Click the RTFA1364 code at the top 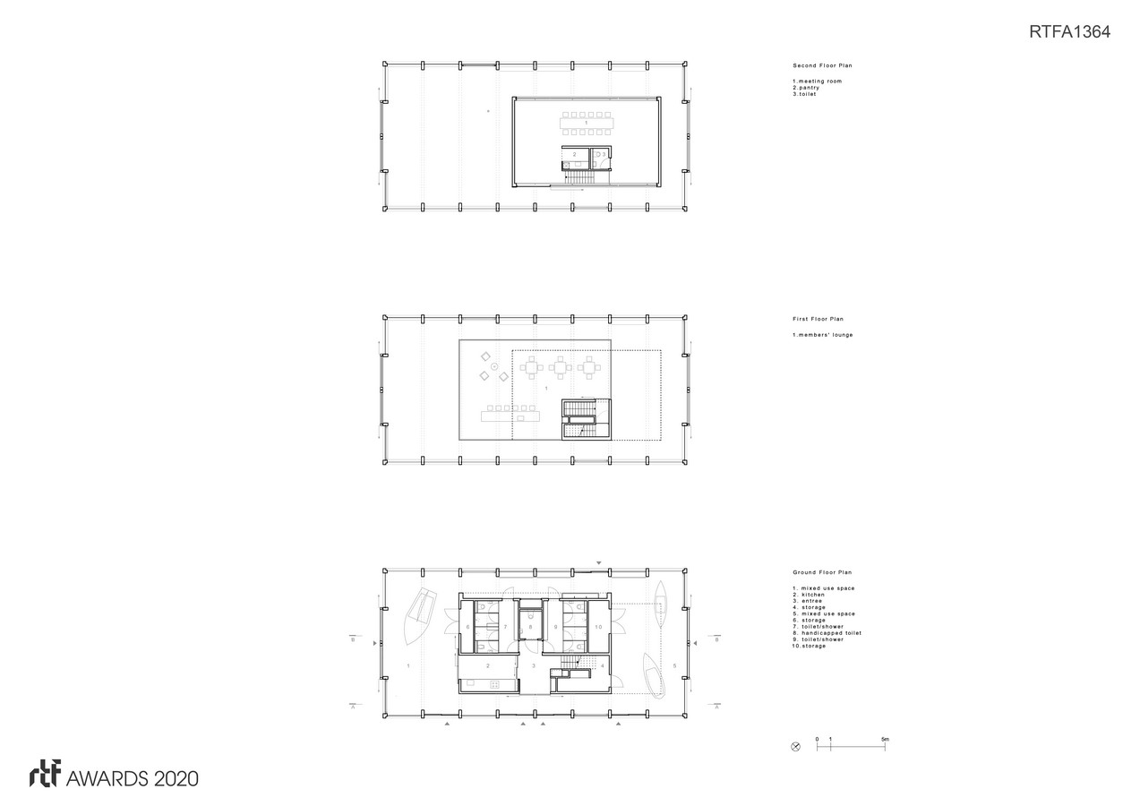(x=1069, y=31)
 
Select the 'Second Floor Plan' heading (x=822, y=65)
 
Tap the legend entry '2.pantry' (x=806, y=88)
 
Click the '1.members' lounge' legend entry (x=822, y=335)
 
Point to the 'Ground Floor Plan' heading (x=822, y=572)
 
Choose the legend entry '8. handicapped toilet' (x=827, y=633)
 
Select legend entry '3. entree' (x=807, y=601)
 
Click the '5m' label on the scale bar (x=885, y=740)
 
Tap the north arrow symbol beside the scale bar (x=796, y=747)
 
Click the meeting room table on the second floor (x=587, y=124)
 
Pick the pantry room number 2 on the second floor (x=575, y=154)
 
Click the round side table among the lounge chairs (x=494, y=366)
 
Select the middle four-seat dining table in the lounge (x=561, y=367)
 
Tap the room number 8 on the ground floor (x=530, y=627)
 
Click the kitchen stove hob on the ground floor (x=493, y=685)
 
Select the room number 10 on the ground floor (x=598, y=627)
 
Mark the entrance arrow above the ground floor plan (x=599, y=562)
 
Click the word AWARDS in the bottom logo (x=107, y=779)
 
